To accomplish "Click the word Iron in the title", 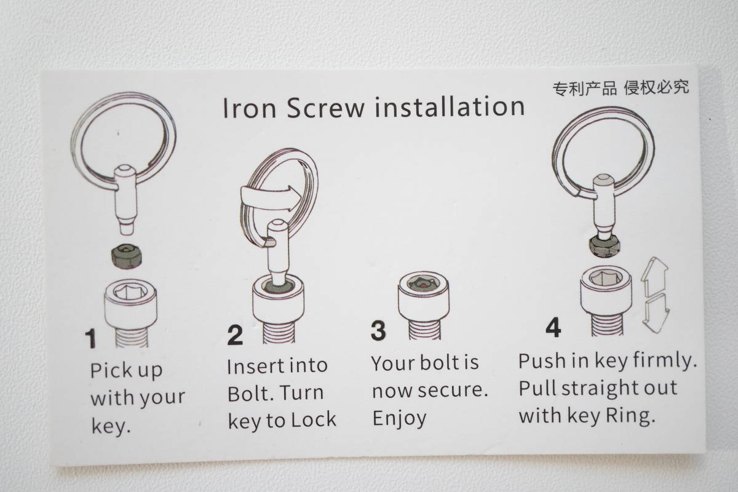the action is click(x=250, y=108).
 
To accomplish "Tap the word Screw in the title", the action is click(x=326, y=108).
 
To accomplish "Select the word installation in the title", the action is click(x=450, y=106).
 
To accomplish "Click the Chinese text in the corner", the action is click(x=621, y=88).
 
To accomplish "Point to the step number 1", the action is click(x=90, y=338).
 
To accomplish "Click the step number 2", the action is click(x=235, y=335).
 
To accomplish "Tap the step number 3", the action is click(x=378, y=330).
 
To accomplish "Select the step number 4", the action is click(x=553, y=327).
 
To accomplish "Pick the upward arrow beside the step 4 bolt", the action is click(x=654, y=276).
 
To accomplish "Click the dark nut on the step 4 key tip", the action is click(x=604, y=245).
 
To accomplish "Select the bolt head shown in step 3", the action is click(x=424, y=296).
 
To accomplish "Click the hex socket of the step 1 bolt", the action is click(x=130, y=292).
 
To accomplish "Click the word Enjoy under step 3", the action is click(x=399, y=418).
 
